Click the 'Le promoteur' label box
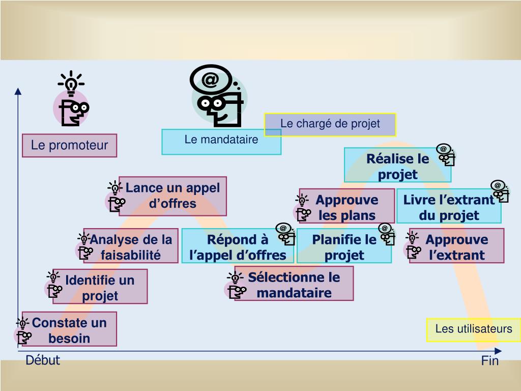69,145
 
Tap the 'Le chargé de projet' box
330,125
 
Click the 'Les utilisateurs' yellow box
474,330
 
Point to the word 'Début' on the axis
43,360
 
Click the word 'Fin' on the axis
490,361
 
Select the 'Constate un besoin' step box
69,329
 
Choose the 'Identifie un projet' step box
100,286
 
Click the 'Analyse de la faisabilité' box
131,246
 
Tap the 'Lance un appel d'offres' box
172,196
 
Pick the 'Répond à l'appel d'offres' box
238,246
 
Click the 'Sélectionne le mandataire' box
294,283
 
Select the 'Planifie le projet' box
344,246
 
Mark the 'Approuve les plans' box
346,206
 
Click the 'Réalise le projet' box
397,165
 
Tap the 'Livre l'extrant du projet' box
449,206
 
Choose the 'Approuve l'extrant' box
456,246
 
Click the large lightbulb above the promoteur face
71,83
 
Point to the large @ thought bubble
211,79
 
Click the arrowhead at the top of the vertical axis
18,91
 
